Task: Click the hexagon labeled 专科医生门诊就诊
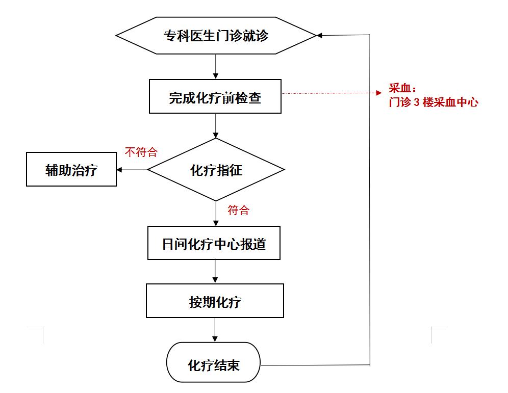(216, 35)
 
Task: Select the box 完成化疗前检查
(215, 96)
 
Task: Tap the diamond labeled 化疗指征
(216, 170)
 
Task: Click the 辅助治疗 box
(71, 169)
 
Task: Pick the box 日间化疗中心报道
(214, 243)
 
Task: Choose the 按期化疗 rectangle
(215, 301)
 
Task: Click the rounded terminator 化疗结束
(214, 362)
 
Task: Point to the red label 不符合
(141, 152)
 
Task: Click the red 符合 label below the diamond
(239, 210)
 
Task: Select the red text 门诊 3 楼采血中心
(434, 102)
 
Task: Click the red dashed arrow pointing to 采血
(332, 93)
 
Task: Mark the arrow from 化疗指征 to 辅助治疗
(132, 170)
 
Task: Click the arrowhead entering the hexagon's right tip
(319, 35)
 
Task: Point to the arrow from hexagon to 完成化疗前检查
(215, 66)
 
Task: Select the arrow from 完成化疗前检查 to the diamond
(215, 126)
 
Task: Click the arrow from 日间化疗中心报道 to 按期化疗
(215, 271)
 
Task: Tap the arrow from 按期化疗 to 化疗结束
(215, 330)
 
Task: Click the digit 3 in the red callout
(417, 102)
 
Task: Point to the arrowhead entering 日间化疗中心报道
(216, 223)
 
